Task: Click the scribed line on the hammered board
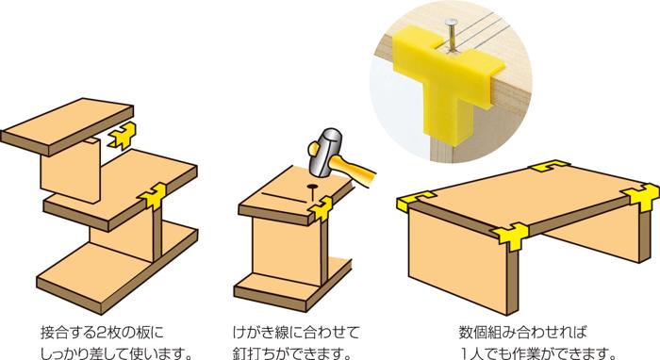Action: [x=283, y=197]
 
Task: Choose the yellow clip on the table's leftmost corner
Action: [x=411, y=200]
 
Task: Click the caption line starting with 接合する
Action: [x=104, y=332]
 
